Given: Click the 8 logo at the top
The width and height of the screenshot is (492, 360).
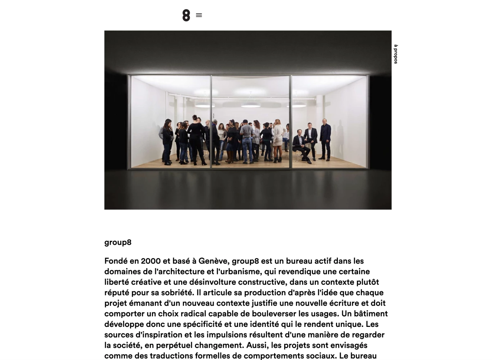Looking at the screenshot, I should point(186,15).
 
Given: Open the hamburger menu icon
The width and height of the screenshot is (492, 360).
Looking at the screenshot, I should point(199,15).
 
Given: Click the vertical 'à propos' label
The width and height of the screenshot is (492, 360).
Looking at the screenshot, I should point(395,54).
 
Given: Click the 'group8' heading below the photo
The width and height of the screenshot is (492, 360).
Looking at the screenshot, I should point(118,242).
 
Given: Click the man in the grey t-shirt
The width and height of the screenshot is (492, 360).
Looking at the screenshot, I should point(247,142).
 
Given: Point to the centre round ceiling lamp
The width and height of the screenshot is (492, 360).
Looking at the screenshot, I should point(250,105).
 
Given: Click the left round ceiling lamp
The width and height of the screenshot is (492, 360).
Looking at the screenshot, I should point(205,105).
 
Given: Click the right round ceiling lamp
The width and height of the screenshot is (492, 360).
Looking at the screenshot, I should point(296,105).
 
